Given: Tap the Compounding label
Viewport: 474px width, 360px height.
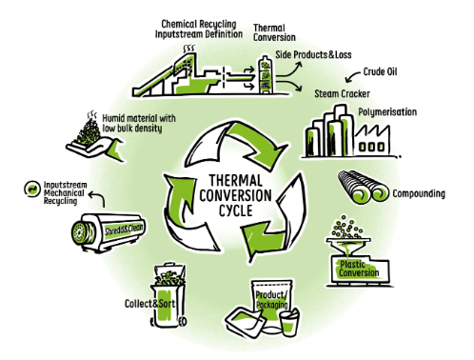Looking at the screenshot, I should pyautogui.click(x=419, y=193).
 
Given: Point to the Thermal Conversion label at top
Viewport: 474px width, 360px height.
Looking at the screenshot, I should pyautogui.click(x=275, y=33).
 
